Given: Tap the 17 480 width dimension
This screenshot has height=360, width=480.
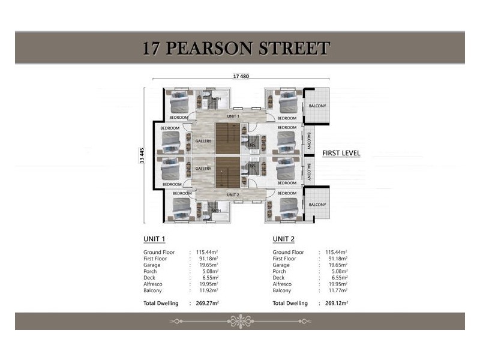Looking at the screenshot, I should tap(241, 76).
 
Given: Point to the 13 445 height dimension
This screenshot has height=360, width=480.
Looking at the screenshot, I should tap(142, 155).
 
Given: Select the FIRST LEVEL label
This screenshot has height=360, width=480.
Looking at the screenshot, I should tap(341, 153).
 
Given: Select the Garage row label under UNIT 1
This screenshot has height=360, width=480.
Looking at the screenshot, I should tap(152, 265).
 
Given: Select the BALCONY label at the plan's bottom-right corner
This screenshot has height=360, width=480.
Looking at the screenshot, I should tap(317, 205).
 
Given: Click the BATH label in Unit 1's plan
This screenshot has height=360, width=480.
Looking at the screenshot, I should tap(216, 99).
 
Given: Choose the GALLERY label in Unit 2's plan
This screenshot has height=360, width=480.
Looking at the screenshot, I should tap(203, 169).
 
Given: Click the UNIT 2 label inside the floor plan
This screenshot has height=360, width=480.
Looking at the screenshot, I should tap(233, 195).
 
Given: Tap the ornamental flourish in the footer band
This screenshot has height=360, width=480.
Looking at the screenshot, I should tap(240, 320).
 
